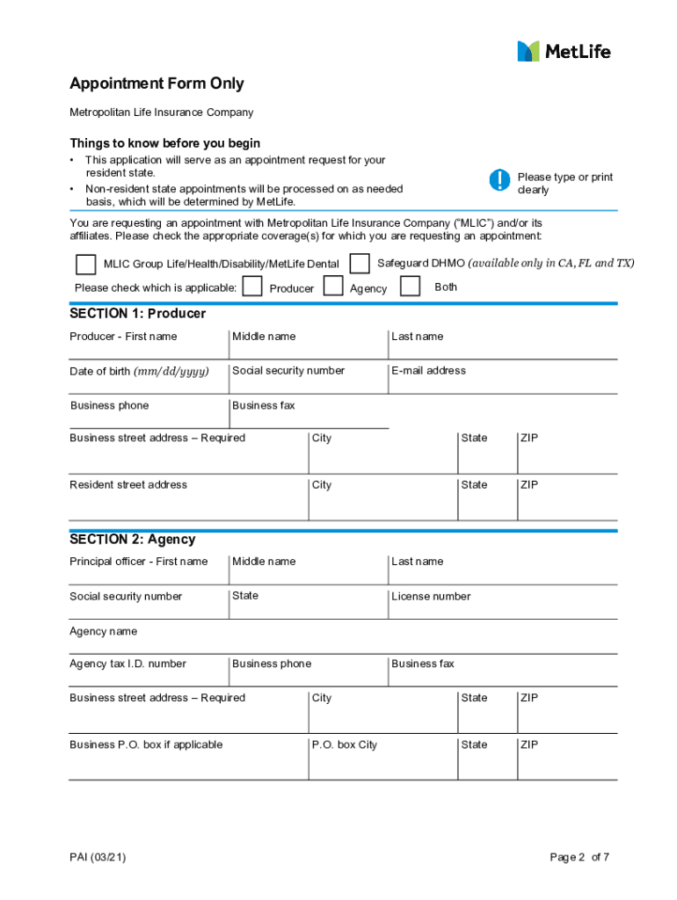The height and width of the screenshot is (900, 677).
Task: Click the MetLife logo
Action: click(x=564, y=51)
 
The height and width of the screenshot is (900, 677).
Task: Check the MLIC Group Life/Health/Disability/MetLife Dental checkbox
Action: click(x=86, y=265)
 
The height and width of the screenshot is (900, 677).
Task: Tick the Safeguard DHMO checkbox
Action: click(x=360, y=264)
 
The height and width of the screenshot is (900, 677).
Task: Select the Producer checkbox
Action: click(x=252, y=287)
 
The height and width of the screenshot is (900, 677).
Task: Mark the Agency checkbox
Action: click(x=333, y=287)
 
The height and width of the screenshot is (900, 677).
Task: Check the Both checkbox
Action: click(x=411, y=287)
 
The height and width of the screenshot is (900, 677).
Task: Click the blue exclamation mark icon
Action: click(x=499, y=179)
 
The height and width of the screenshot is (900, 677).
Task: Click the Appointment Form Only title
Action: click(x=157, y=83)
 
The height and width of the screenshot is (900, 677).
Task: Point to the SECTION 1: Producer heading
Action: click(x=138, y=314)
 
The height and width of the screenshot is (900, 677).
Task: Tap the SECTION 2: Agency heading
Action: click(x=133, y=539)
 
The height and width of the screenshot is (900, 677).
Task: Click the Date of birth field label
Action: click(x=139, y=371)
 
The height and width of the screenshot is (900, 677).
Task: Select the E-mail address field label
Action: click(x=428, y=371)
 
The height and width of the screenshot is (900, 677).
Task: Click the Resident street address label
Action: click(x=128, y=484)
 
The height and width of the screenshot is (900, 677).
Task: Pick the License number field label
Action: click(x=431, y=596)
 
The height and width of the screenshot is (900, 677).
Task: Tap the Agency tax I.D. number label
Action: click(x=127, y=664)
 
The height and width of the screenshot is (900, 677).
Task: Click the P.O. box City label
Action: click(x=345, y=744)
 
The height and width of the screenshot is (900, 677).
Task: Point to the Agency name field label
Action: click(x=104, y=631)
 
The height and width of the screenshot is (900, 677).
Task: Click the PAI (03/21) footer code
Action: click(x=98, y=858)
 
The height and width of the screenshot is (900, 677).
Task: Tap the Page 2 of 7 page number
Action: click(x=579, y=858)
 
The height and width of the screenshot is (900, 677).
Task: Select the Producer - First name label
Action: click(x=123, y=337)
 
